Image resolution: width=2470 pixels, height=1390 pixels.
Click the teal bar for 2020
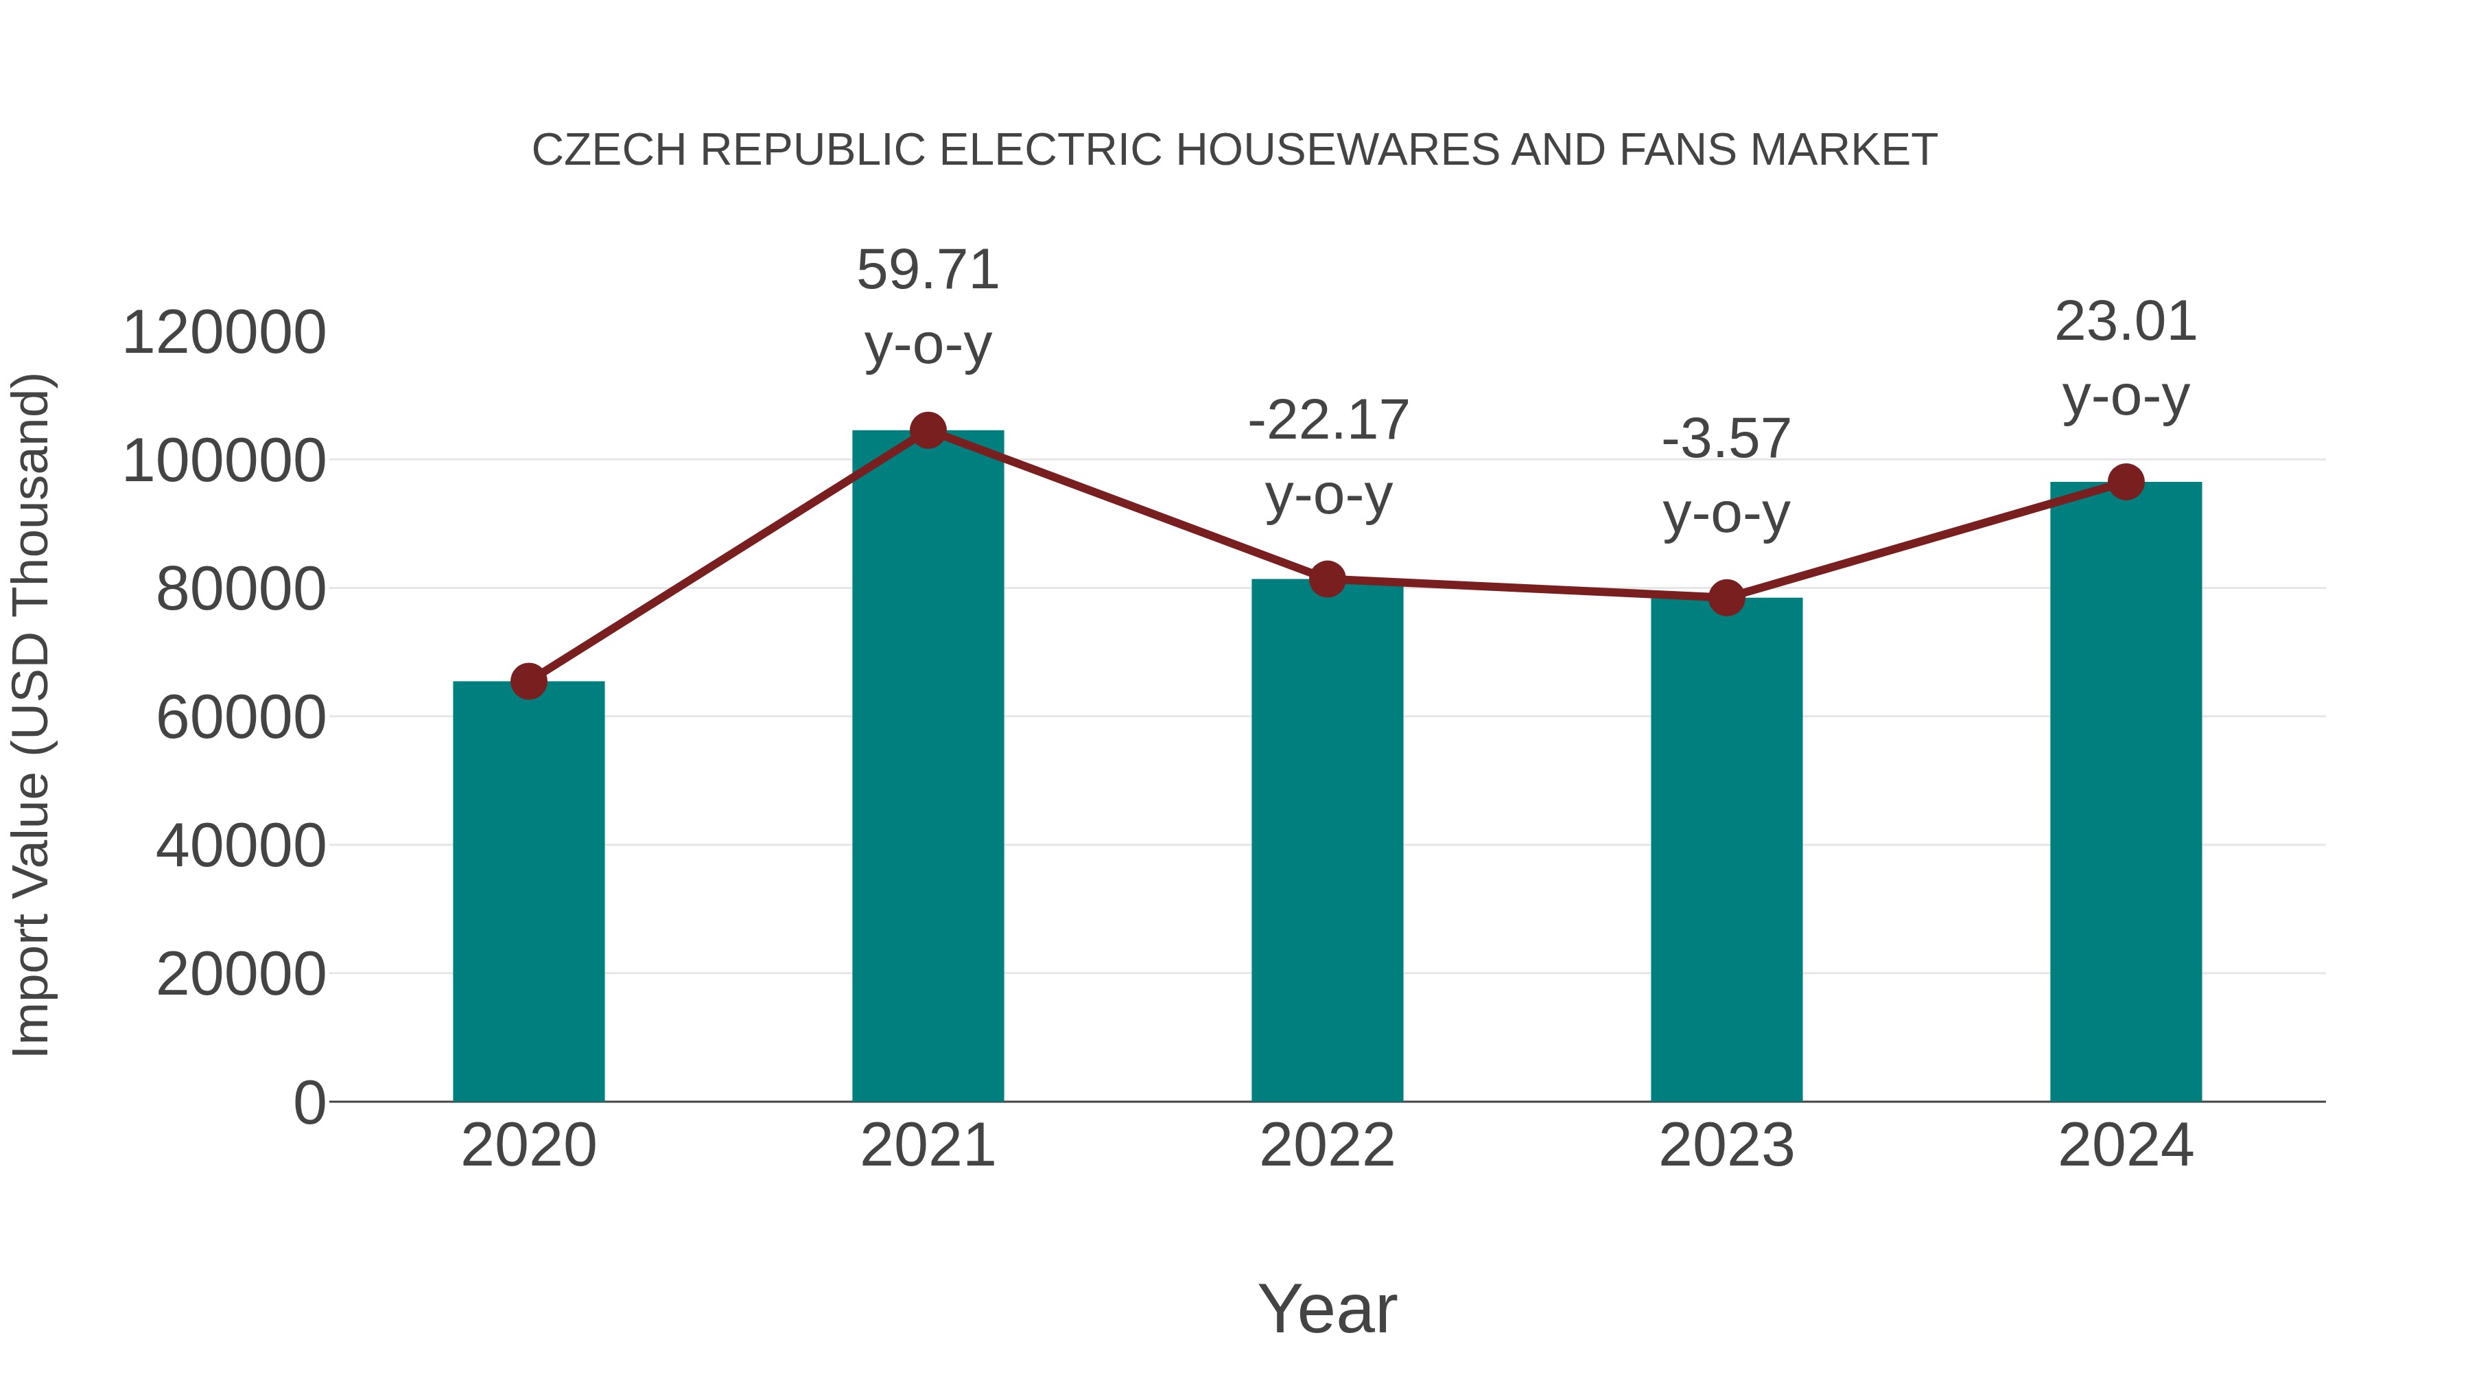pos(528,892)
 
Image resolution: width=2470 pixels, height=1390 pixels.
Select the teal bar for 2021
pos(927,767)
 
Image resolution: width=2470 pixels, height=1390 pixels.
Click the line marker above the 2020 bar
pos(528,681)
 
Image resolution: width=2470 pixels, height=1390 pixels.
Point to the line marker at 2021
pos(927,430)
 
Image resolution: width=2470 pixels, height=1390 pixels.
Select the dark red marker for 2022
pos(1327,579)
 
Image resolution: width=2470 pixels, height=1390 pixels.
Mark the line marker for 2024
pos(2126,482)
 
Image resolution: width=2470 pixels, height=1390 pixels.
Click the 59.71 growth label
pos(927,270)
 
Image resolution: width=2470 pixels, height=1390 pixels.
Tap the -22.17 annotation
pos(1328,421)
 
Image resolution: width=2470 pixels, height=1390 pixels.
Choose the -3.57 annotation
pos(1726,439)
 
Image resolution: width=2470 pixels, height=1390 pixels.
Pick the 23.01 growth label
pos(2126,323)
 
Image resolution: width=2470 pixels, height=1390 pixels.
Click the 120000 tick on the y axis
pos(224,333)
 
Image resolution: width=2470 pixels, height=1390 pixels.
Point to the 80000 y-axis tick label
pos(241,589)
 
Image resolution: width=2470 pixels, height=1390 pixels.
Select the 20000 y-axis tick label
pos(241,975)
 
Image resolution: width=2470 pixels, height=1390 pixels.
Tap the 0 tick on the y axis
pos(309,1102)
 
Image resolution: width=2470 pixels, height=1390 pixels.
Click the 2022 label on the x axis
pos(1327,1146)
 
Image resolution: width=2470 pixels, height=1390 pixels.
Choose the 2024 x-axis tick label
pos(2126,1146)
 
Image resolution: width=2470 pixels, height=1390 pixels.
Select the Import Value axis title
pos(31,715)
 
